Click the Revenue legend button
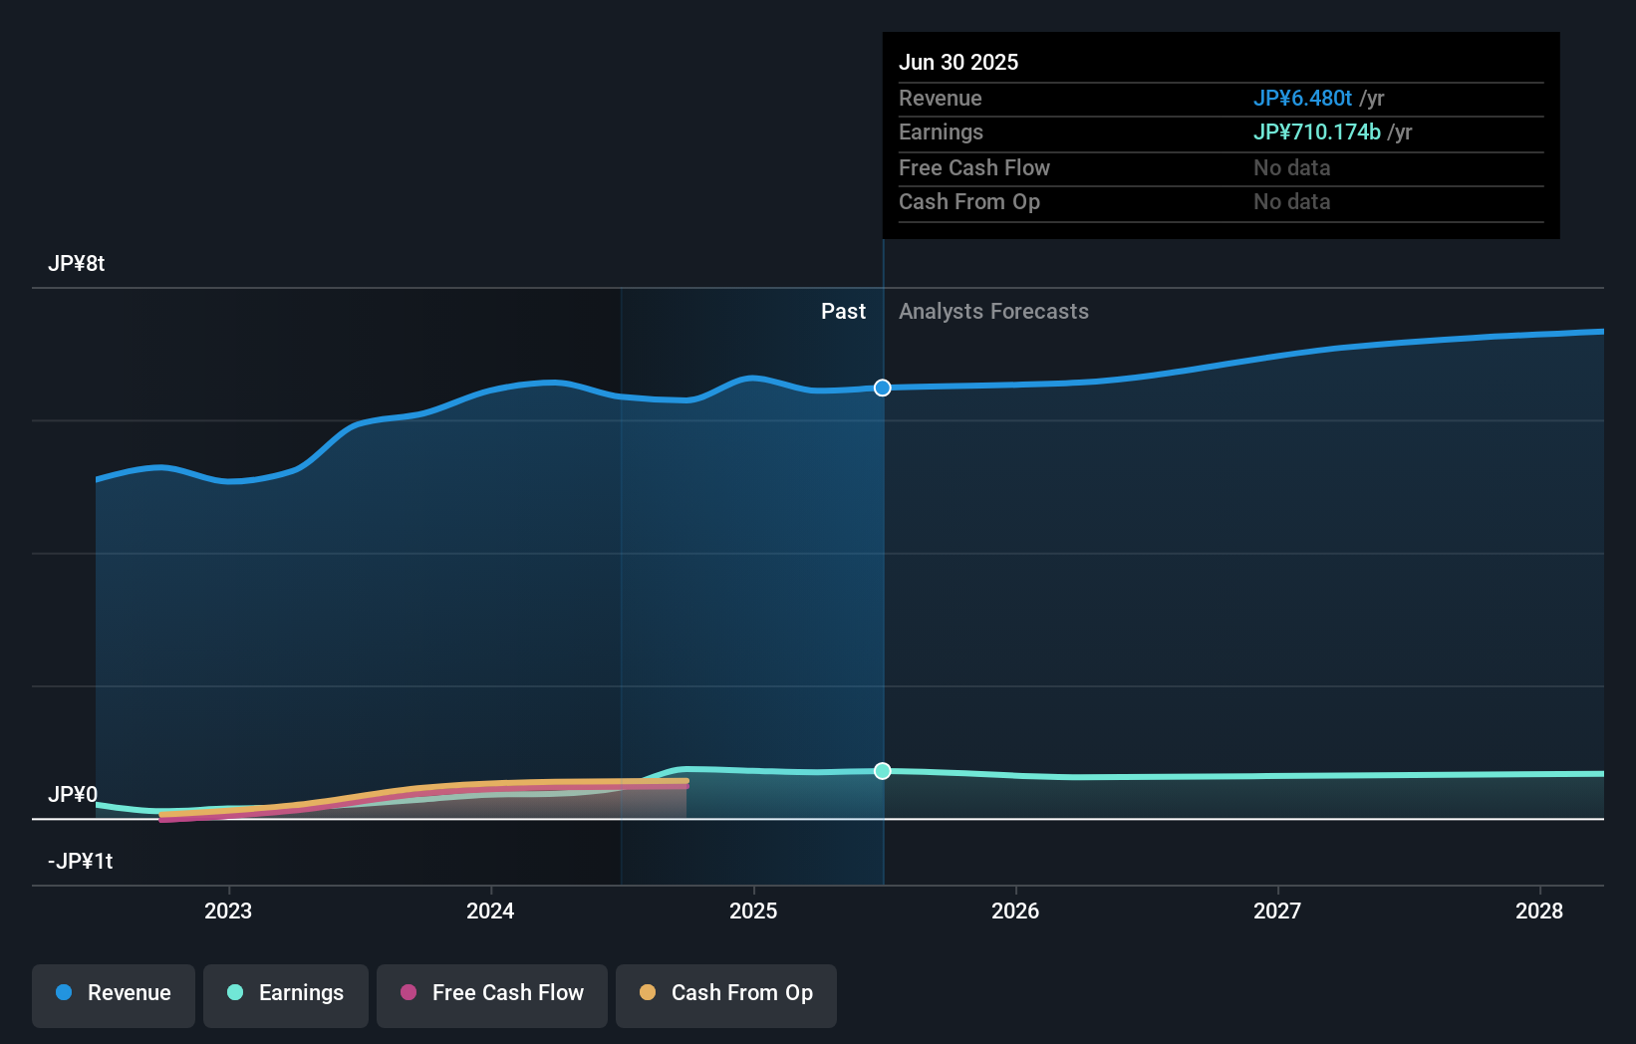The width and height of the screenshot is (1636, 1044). (114, 993)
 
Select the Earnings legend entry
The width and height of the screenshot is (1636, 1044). (286, 993)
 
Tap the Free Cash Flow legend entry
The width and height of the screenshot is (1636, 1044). (492, 993)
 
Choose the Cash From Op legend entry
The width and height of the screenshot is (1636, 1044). (726, 993)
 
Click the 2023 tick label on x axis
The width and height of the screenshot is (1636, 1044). (228, 911)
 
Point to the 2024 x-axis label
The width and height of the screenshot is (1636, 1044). (490, 911)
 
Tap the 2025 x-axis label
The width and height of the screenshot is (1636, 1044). (753, 911)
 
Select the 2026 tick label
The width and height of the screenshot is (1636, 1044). (1015, 911)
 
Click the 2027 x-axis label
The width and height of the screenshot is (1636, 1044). (1277, 911)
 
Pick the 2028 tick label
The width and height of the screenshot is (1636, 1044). (1539, 911)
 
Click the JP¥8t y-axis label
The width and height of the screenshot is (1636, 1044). (77, 264)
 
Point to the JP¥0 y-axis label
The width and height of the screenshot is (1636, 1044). (73, 795)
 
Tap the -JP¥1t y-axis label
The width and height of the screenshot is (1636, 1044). (81, 862)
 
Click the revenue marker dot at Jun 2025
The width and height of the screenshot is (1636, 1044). (883, 388)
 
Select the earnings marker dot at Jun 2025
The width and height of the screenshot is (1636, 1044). (883, 771)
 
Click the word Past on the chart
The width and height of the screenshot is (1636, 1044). (843, 312)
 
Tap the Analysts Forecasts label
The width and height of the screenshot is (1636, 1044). (993, 312)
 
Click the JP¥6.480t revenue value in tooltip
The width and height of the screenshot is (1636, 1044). (1302, 99)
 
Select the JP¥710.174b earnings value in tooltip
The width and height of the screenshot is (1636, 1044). (1316, 132)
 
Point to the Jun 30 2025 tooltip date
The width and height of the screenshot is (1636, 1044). (958, 63)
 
